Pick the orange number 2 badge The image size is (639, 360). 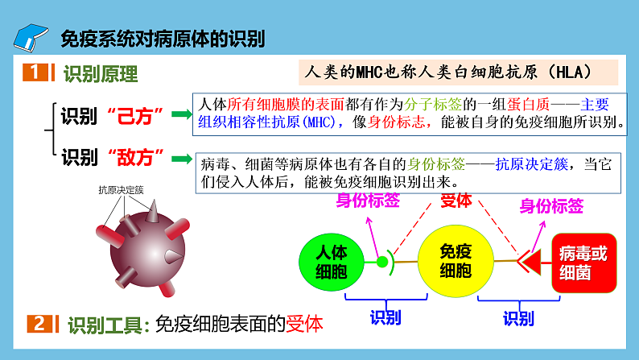[40, 324]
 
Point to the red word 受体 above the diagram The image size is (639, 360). [456, 201]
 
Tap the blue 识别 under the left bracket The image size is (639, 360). [385, 317]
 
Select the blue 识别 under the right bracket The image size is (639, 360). [519, 318]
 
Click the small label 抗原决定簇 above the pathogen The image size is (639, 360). [121, 190]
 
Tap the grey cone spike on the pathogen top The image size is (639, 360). [151, 213]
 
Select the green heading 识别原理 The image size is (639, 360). [101, 75]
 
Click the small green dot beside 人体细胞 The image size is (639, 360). [381, 261]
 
